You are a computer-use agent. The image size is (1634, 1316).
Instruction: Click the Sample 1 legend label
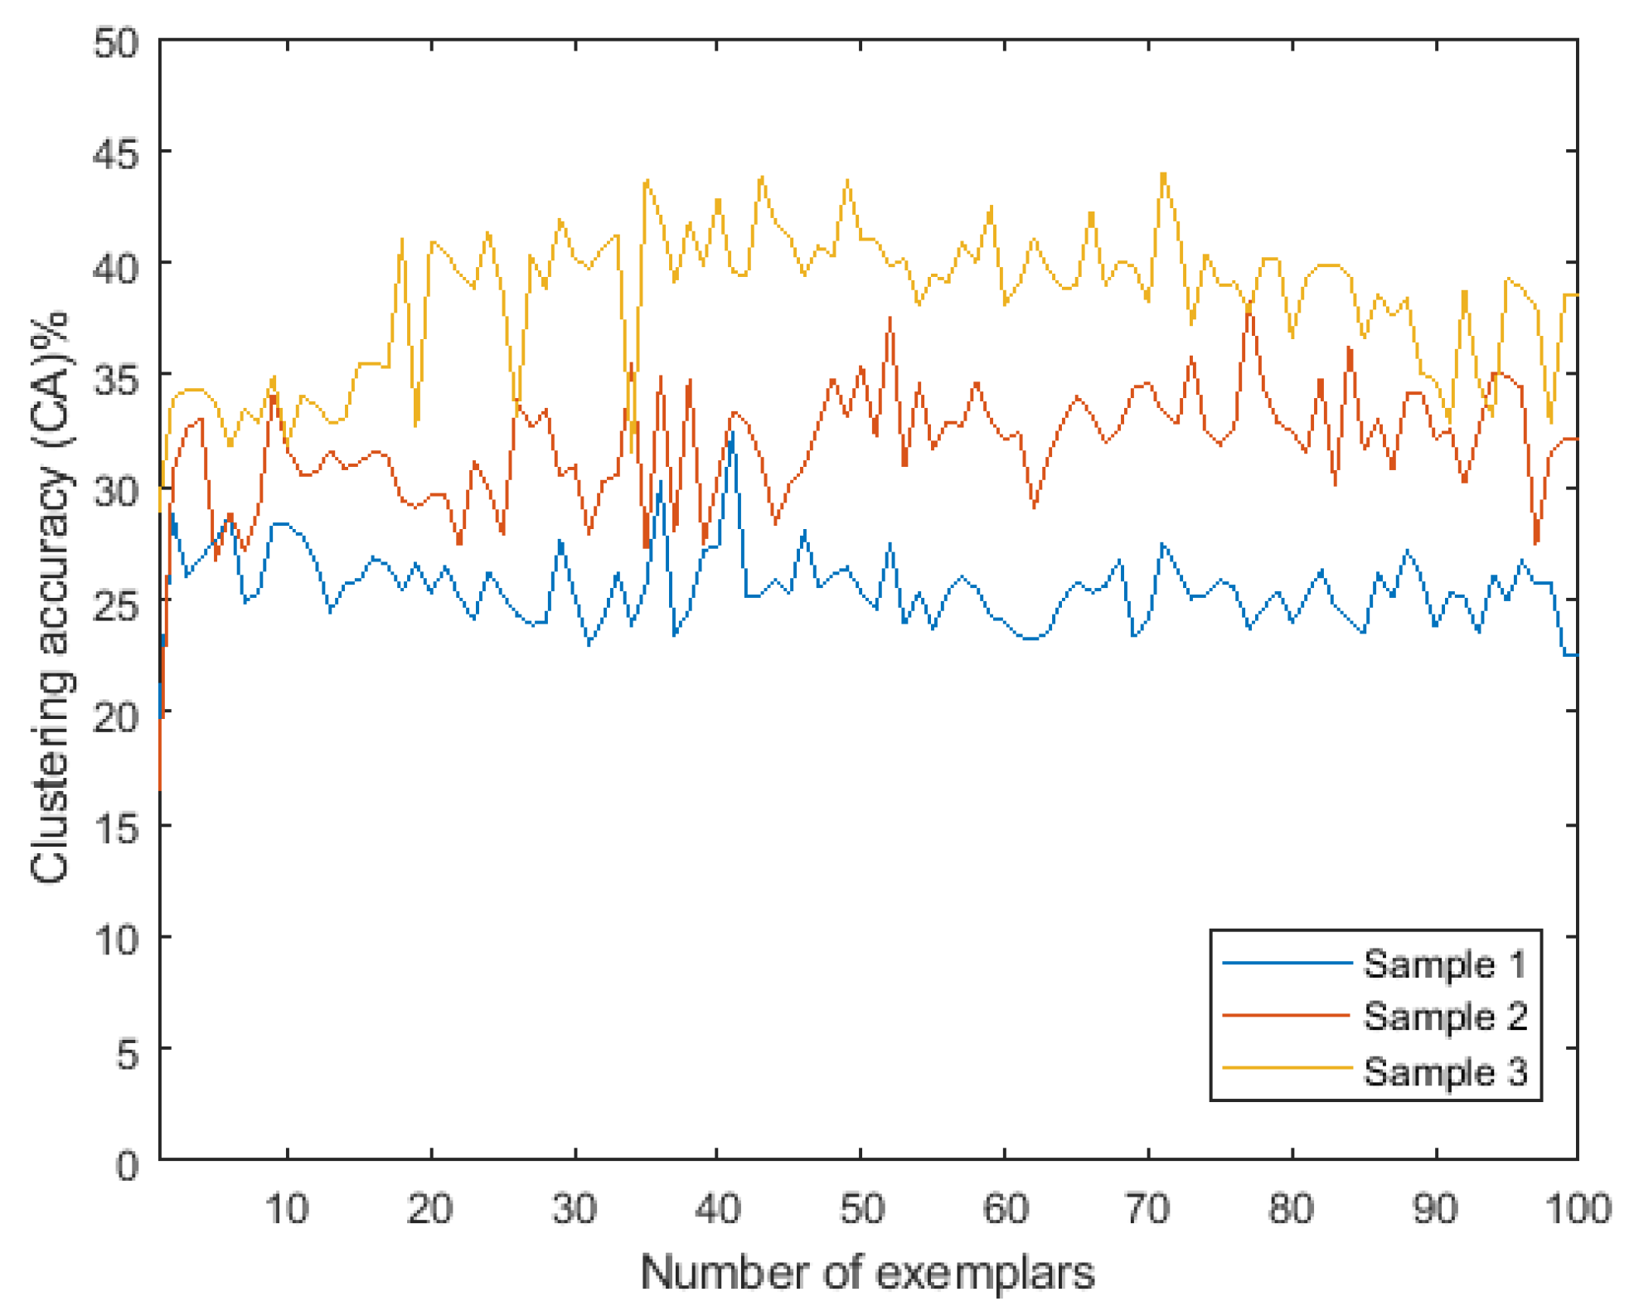[x=1444, y=964]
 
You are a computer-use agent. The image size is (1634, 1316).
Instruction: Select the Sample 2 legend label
[x=1444, y=1017]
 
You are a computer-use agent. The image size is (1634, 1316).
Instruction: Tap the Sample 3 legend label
[x=1444, y=1071]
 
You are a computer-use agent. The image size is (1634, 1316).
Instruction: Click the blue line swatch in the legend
[x=1287, y=963]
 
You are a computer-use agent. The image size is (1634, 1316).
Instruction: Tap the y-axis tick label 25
[x=116, y=604]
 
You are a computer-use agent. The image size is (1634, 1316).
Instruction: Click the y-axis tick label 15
[x=116, y=828]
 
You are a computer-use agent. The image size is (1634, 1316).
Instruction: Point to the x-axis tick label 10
[x=287, y=1208]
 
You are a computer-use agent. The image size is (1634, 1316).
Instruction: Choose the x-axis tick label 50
[x=861, y=1208]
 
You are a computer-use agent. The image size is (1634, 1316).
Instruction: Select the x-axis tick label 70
[x=1148, y=1208]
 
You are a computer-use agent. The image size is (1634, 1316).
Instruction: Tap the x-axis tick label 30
[x=575, y=1208]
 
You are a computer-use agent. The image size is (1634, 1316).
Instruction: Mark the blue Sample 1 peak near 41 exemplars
[x=732, y=433]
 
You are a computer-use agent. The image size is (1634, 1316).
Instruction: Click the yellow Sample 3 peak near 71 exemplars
[x=1163, y=174]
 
